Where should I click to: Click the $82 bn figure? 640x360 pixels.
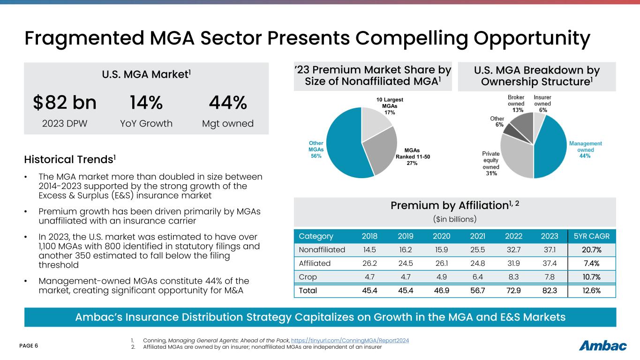coord(65,103)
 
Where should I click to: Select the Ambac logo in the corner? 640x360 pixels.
coord(602,346)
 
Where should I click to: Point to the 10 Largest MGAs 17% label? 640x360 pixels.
coord(390,106)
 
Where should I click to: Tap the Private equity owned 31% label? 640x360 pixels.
coord(491,163)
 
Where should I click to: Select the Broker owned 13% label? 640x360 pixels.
coord(516,103)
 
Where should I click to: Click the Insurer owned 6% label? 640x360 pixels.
coord(542,103)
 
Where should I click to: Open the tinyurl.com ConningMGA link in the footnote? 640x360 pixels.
coord(350,340)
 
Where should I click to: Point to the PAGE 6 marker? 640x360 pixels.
coord(29,346)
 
